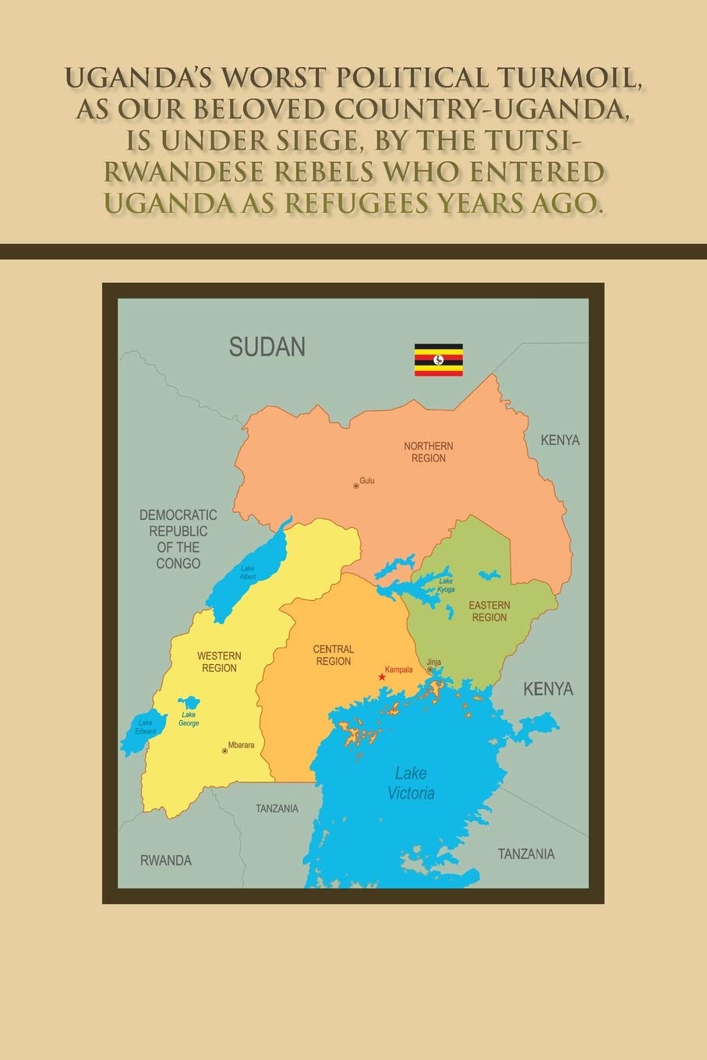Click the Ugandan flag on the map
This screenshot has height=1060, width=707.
pyautogui.click(x=438, y=360)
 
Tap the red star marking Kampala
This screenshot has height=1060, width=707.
pyautogui.click(x=382, y=677)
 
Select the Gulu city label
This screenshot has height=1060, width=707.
pyautogui.click(x=367, y=481)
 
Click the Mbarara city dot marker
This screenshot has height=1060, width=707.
pyautogui.click(x=224, y=751)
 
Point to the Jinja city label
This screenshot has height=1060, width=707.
pyautogui.click(x=434, y=662)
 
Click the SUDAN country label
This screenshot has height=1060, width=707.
pyautogui.click(x=267, y=347)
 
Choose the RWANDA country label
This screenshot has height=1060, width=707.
pyautogui.click(x=166, y=860)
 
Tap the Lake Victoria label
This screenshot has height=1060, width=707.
pyautogui.click(x=411, y=783)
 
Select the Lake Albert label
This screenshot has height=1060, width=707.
pyautogui.click(x=248, y=572)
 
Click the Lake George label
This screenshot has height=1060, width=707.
pyautogui.click(x=189, y=719)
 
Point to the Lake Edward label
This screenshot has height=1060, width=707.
pyautogui.click(x=146, y=727)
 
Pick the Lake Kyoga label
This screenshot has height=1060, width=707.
pyautogui.click(x=446, y=585)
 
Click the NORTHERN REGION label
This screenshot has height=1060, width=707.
pyautogui.click(x=428, y=452)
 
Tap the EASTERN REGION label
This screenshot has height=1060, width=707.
pyautogui.click(x=490, y=611)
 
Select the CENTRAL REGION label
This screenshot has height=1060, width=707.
pyautogui.click(x=333, y=655)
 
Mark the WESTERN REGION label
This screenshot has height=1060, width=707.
pyautogui.click(x=219, y=662)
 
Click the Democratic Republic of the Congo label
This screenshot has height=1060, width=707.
pyautogui.click(x=179, y=539)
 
